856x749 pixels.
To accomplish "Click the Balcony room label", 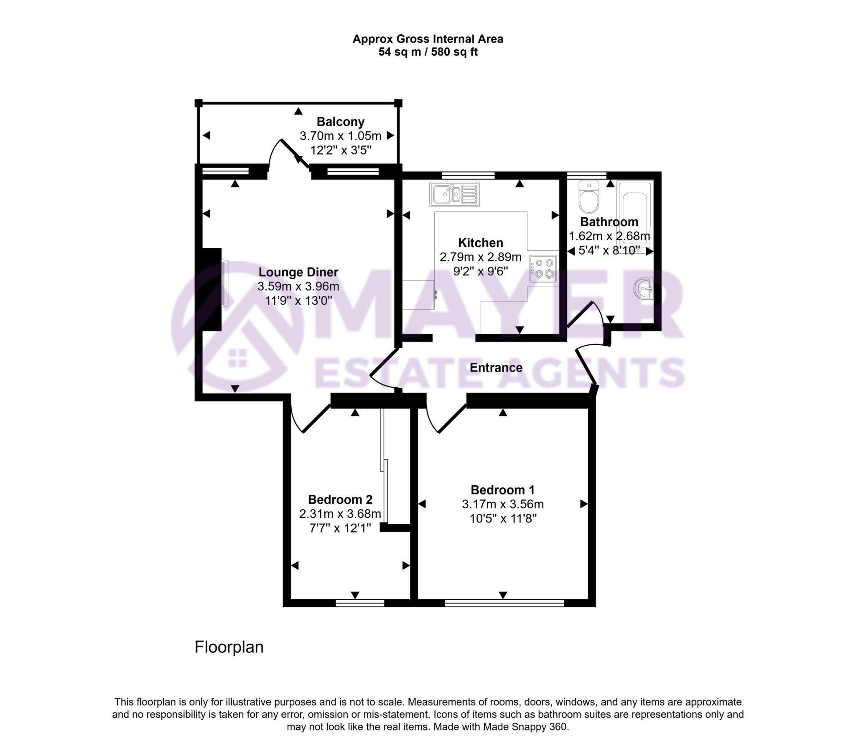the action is [340, 122].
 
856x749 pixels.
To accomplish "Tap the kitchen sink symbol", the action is [454, 194].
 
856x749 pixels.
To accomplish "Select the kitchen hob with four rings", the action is [543, 268].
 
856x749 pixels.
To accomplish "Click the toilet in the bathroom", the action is [589, 196].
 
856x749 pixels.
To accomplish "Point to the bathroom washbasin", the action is [643, 288].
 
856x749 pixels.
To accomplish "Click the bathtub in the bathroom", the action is [634, 217].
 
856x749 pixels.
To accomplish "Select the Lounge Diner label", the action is [298, 272].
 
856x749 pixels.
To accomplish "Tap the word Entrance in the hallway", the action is [496, 367].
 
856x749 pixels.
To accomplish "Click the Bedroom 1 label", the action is [502, 489].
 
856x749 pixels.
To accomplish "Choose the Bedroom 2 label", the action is [340, 499].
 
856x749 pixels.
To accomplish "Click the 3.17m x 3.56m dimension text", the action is [502, 504].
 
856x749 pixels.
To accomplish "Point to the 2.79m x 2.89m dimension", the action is [480, 257].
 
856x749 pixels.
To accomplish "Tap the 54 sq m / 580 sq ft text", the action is [428, 52].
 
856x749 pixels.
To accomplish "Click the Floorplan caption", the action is [229, 647].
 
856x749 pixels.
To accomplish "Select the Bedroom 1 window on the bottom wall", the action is [504, 603].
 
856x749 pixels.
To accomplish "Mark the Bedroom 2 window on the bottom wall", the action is [360, 603].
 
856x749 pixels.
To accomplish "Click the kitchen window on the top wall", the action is [468, 175].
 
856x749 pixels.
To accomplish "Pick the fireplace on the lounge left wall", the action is [212, 289].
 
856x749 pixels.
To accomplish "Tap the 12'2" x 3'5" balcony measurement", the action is [341, 150].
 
